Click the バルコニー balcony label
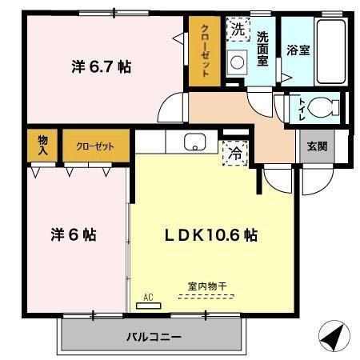point(154,337)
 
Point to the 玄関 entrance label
point(318,146)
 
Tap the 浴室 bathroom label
point(298,49)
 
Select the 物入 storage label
point(42,146)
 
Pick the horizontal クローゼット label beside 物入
point(95,146)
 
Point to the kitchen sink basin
point(194,142)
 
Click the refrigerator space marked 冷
point(235,150)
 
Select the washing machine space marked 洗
point(238,30)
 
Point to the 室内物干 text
point(206,286)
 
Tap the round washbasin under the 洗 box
point(238,62)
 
